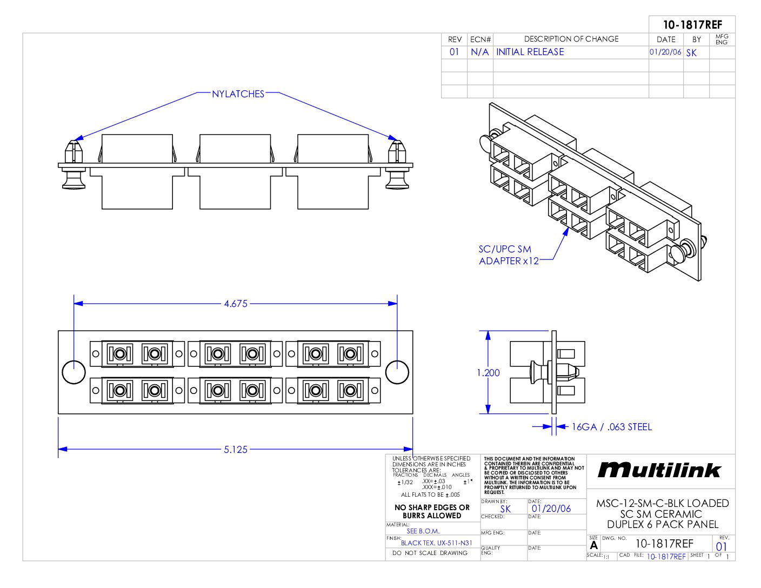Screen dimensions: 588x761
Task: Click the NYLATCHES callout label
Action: click(238, 94)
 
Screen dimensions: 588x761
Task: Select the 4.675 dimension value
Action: click(236, 304)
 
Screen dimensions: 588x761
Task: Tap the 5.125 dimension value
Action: click(236, 449)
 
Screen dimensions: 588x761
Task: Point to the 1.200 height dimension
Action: click(488, 372)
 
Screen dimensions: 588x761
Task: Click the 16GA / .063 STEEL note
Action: click(612, 427)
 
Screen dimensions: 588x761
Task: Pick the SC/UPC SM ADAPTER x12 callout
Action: click(508, 255)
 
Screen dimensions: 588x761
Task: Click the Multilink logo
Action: click(659, 470)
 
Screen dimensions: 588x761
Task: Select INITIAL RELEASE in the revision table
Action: click(530, 52)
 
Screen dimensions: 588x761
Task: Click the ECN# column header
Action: click(480, 39)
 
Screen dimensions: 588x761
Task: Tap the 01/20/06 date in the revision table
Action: click(665, 52)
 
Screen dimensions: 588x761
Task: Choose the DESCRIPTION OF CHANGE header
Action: click(571, 39)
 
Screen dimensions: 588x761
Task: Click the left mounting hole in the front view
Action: click(74, 372)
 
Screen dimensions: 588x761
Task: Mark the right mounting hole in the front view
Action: click(397, 372)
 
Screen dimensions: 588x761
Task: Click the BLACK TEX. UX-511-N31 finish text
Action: click(437, 543)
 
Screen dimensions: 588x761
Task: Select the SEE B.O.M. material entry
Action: click(423, 531)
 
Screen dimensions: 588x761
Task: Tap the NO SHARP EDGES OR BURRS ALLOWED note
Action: click(432, 511)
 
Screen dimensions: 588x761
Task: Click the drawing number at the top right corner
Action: click(692, 24)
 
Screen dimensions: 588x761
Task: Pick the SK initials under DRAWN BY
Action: click(505, 509)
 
